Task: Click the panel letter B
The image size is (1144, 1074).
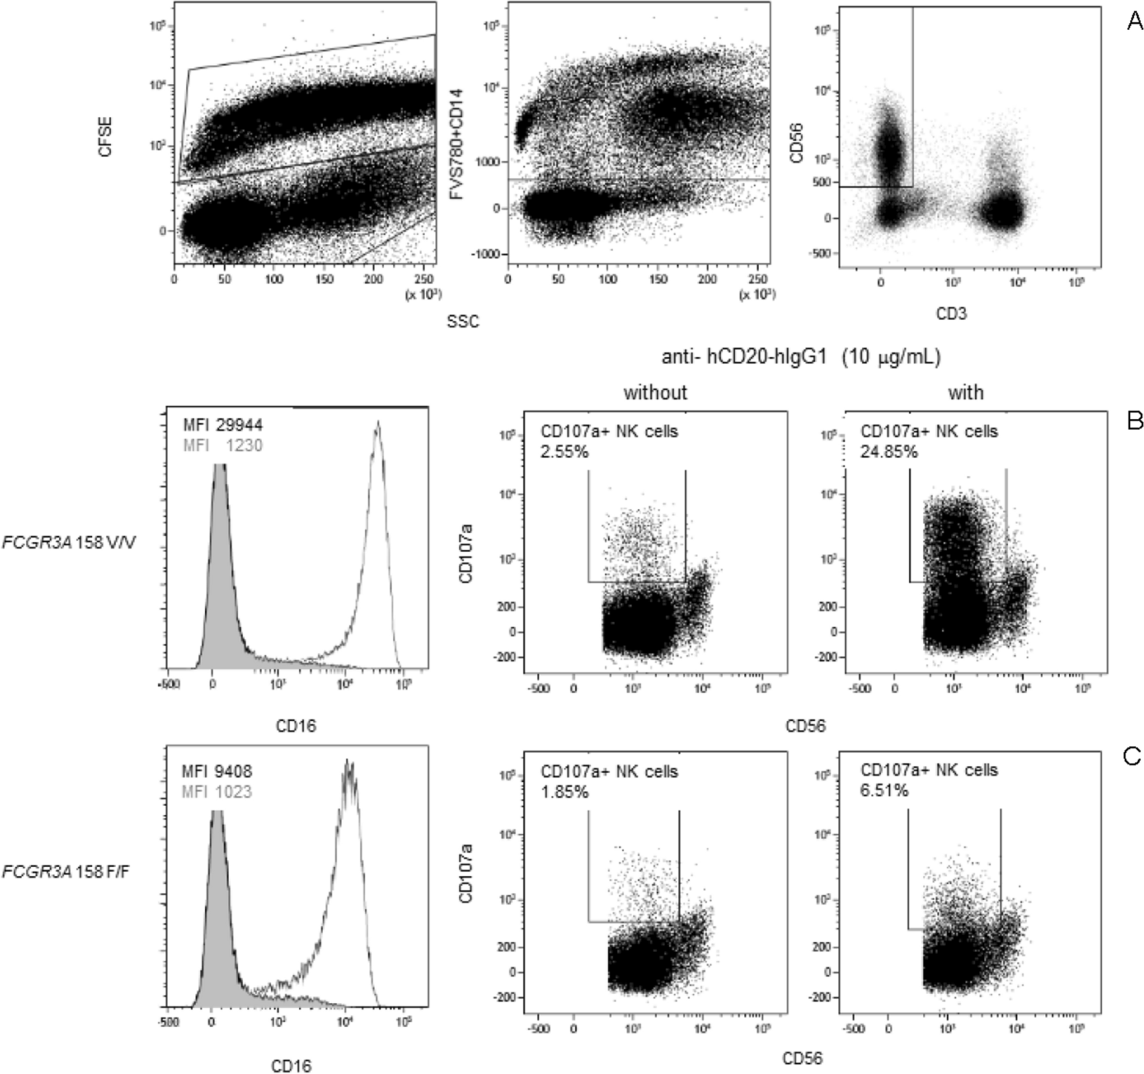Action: pos(1134,422)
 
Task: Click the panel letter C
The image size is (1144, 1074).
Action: pos(1131,757)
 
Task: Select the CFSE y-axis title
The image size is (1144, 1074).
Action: pos(105,137)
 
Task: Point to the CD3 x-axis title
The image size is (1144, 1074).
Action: pos(951,313)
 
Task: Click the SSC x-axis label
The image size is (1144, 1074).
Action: pos(463,321)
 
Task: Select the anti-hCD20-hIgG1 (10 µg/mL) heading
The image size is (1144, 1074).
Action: pos(801,357)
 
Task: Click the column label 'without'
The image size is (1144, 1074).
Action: pos(656,393)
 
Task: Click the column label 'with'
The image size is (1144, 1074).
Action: pos(966,393)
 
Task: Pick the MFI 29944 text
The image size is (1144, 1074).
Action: pos(223,425)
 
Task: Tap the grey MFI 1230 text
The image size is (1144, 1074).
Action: pos(223,445)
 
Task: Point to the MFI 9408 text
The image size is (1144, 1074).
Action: pos(217,771)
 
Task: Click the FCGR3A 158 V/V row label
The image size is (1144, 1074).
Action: pos(69,542)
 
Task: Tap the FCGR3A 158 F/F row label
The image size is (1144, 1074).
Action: pos(66,872)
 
